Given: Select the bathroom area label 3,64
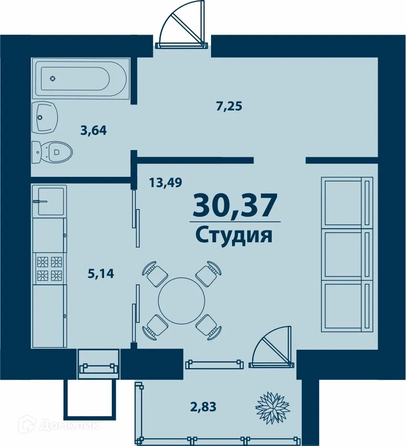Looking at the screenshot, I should pos(93,130).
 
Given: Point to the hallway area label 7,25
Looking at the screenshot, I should pos(230,106).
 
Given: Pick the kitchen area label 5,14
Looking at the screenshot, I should pos(101,274).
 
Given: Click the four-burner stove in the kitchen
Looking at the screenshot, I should pos(50,269).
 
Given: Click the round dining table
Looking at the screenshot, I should pos(182,300).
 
